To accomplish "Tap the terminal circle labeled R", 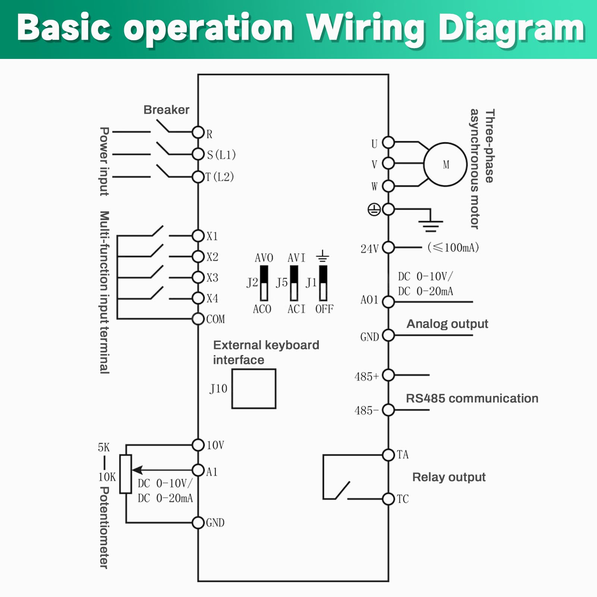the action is tap(198, 132).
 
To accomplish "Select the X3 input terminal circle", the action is tap(198, 277).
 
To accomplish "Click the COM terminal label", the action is tap(216, 319).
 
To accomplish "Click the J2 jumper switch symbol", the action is tap(264, 283).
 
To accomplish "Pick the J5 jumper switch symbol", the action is tap(294, 283).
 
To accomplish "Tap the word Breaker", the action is tap(166, 110).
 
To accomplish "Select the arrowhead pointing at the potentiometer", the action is tap(137, 470).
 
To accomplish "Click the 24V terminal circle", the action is tap(389, 247).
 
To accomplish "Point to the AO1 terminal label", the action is tap(369, 300).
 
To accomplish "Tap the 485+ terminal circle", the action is tap(389, 375).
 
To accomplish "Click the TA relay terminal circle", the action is tap(389, 455).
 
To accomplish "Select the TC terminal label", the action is tap(403, 499).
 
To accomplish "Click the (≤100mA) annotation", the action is tap(453, 247).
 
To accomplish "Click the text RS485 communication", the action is tap(472, 398).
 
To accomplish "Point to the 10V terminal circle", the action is tap(198, 444).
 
